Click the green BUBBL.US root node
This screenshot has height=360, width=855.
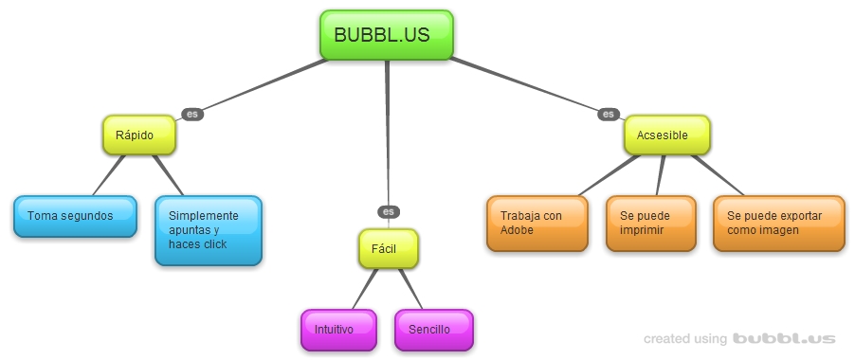coord(387,35)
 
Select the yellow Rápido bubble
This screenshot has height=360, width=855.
coord(139,135)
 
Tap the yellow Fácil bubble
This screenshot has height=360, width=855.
coord(389,248)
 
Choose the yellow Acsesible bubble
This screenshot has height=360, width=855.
coord(666,135)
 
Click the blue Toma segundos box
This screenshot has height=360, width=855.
coord(75,216)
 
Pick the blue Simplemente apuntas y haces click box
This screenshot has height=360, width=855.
coord(208,230)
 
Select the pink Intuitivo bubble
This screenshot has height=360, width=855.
coord(334,330)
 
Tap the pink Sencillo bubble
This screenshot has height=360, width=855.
coord(433,330)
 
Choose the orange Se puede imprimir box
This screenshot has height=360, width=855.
coord(651,224)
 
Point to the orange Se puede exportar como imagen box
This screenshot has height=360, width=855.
coord(778,224)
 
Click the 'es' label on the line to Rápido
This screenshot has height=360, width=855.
coord(192,114)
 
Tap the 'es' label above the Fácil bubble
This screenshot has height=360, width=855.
coord(387,211)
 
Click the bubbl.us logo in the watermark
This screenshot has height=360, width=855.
coord(784,338)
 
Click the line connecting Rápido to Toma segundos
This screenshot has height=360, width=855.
coord(107,175)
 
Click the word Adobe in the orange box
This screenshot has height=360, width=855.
coord(517,230)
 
